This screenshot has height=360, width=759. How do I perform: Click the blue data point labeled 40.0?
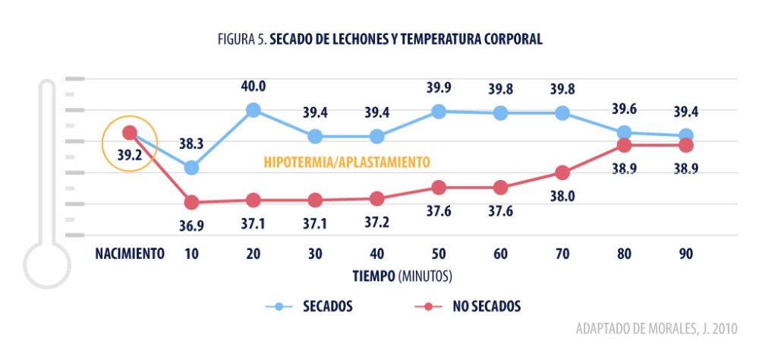pos(253,110)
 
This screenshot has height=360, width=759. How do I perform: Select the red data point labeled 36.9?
pos(191,202)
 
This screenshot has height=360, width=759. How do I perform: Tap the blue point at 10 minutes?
pos(191,167)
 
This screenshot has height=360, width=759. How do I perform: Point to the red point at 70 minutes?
pos(562,172)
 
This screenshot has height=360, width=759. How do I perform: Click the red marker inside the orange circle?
pos(130,133)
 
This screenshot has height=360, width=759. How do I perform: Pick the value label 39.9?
pos(439,87)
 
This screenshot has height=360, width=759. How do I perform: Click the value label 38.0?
pos(562,196)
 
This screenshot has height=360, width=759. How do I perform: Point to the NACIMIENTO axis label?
pos(130,254)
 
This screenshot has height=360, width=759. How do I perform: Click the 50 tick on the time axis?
pos(439,254)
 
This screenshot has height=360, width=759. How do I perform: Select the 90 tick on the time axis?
pos(686,254)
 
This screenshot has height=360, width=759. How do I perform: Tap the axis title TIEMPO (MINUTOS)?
pos(402,273)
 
